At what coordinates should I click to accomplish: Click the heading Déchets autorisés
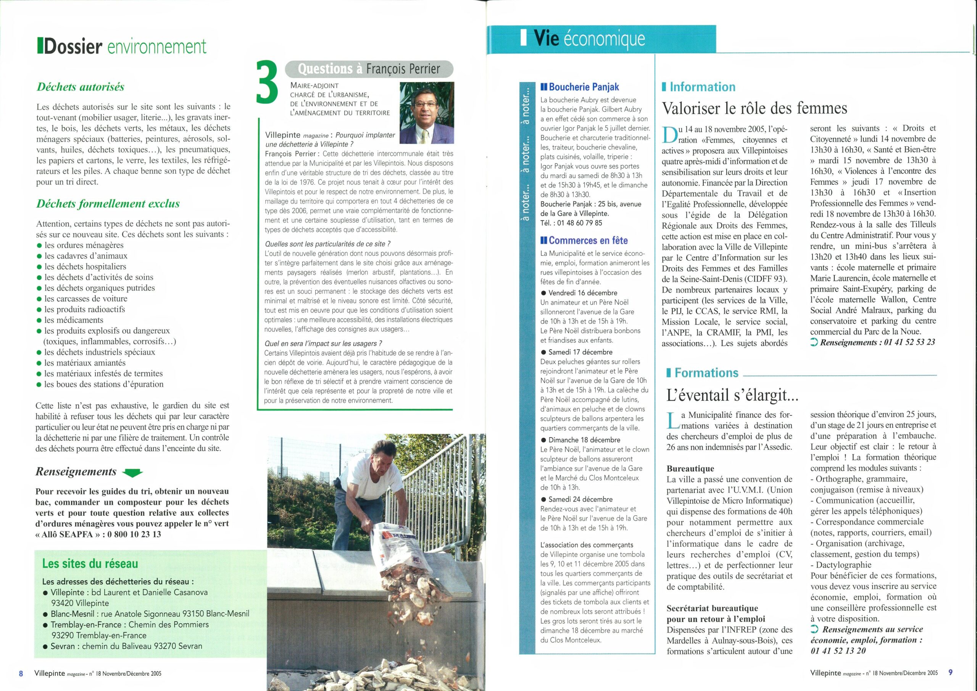[81, 87]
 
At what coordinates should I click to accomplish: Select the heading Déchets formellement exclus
[108, 203]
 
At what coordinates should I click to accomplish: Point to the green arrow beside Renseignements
[132, 473]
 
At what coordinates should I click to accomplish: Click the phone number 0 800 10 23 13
[134, 534]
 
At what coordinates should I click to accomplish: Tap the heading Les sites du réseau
[90, 564]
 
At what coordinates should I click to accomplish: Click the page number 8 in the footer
[21, 673]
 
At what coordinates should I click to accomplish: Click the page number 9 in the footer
[950, 673]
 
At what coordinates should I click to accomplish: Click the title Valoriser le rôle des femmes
[754, 108]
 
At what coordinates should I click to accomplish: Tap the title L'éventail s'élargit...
[732, 396]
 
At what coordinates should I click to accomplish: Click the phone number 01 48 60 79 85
[577, 223]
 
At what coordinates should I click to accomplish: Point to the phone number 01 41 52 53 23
[909, 342]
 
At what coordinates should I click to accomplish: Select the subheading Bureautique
[690, 469]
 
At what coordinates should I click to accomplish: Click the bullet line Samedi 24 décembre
[580, 499]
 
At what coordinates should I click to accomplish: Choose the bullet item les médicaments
[74, 320]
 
